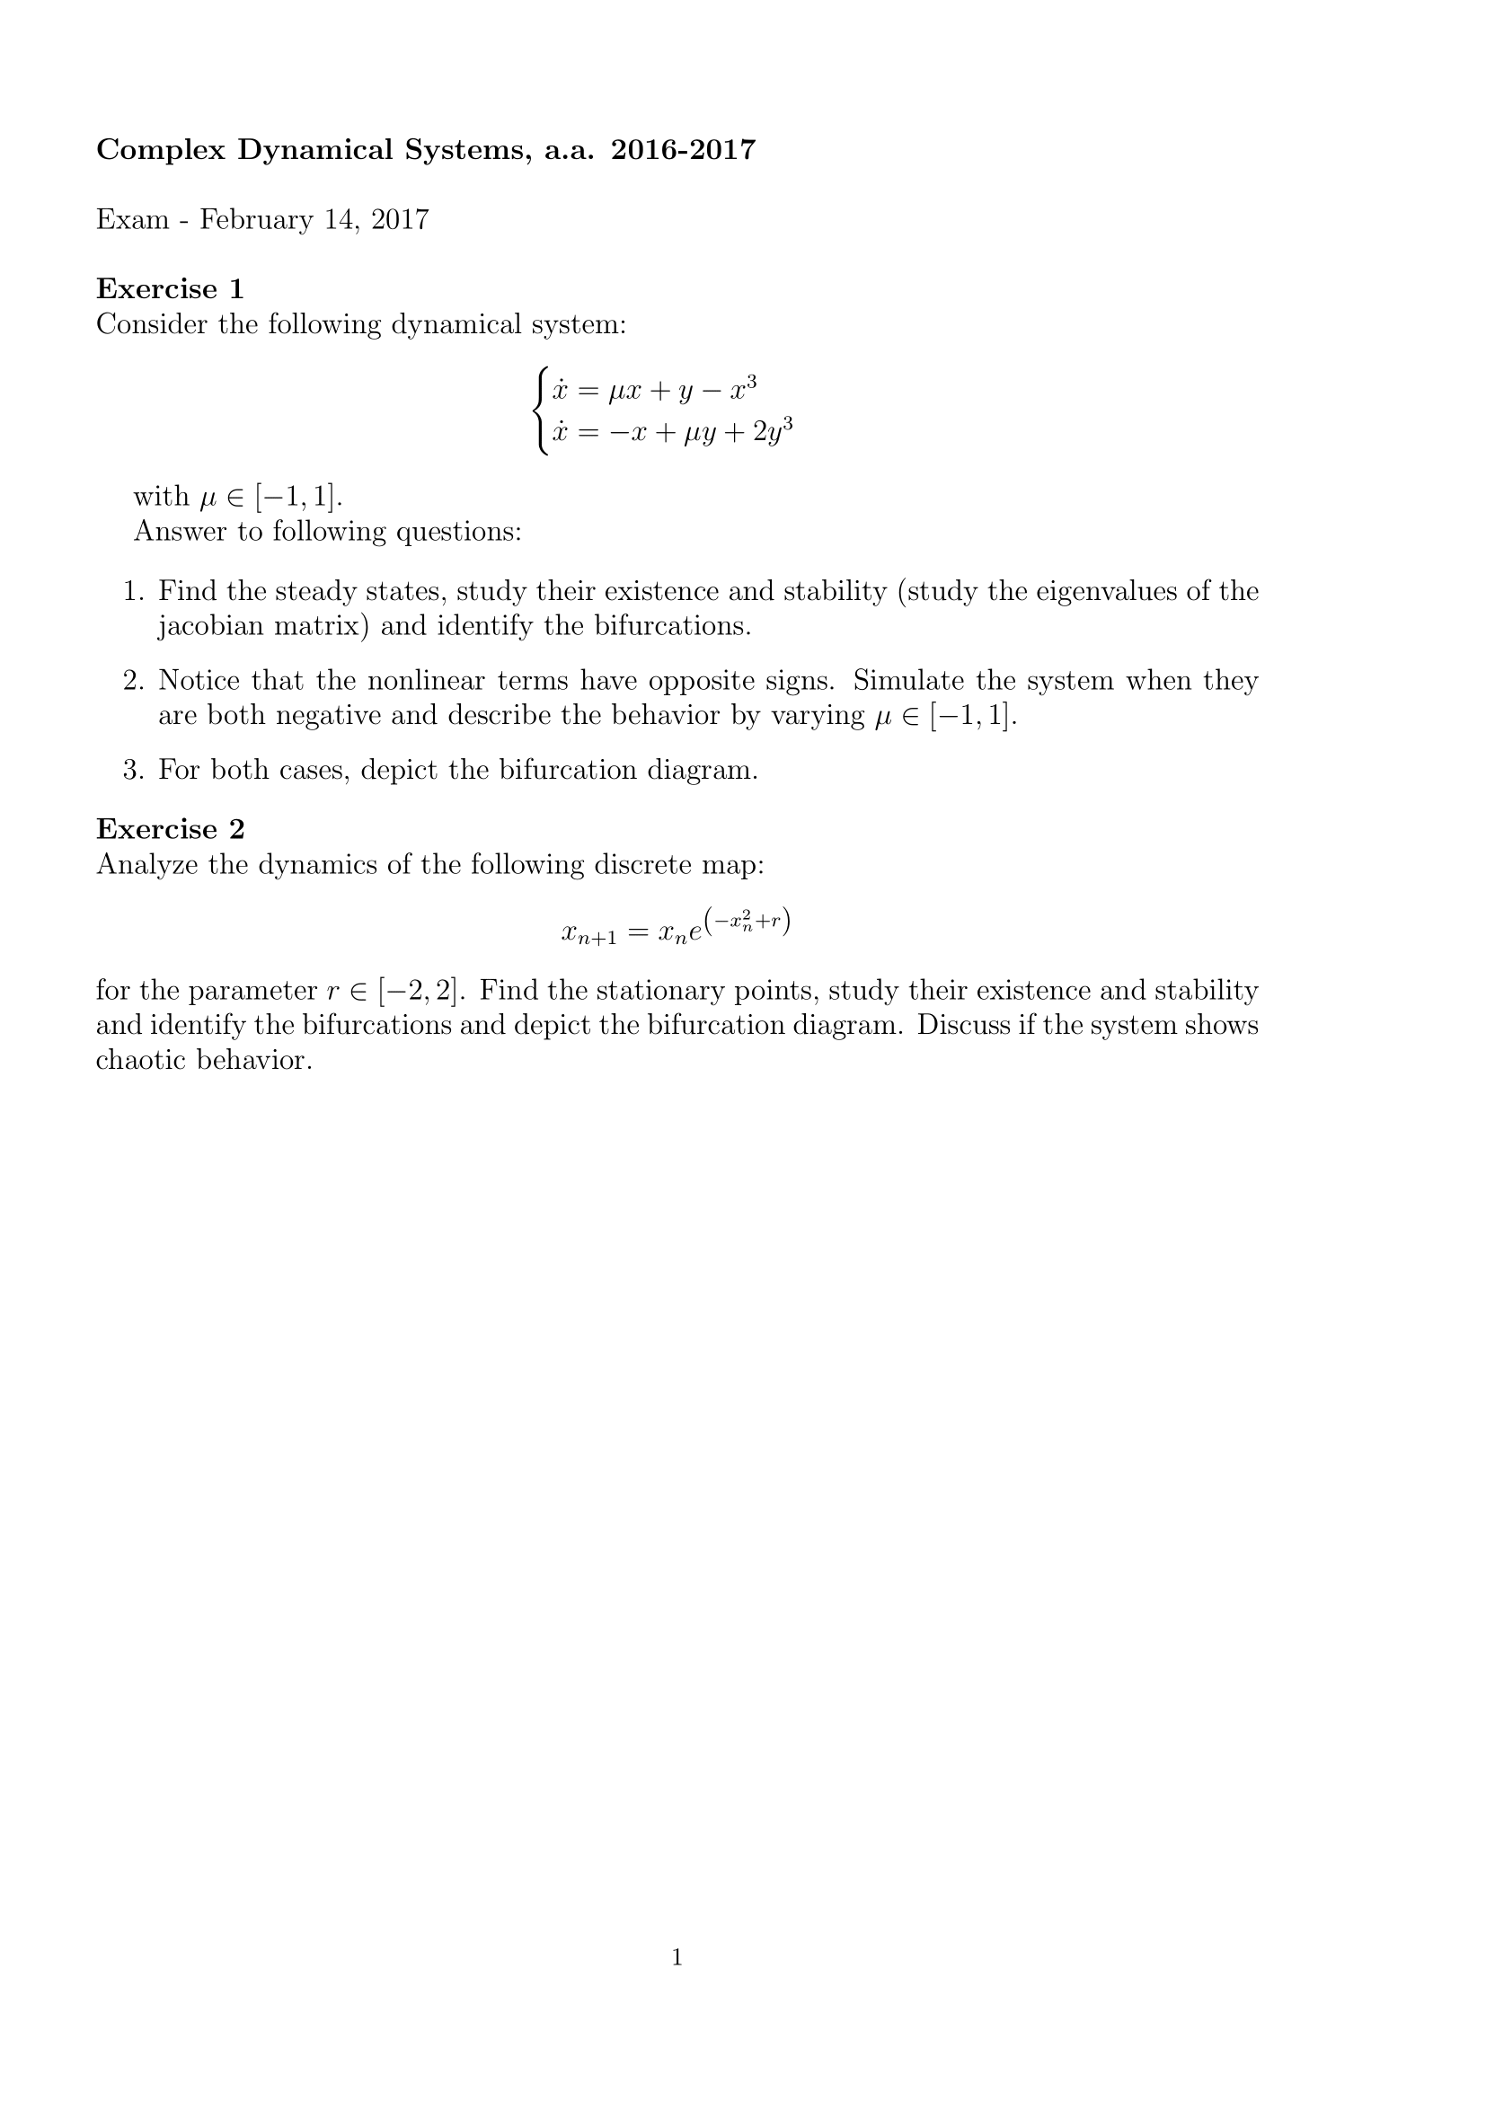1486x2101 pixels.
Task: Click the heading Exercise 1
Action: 170,289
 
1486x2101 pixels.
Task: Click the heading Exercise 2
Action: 170,829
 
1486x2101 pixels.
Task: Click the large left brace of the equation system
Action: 542,410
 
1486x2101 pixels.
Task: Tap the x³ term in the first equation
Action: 742,390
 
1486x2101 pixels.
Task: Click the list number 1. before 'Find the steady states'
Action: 134,592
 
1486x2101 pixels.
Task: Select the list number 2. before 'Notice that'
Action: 134,681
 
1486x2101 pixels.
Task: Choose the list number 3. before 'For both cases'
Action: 134,771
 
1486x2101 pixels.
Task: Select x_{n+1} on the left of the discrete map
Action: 589,933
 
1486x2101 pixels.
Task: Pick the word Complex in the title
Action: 161,149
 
